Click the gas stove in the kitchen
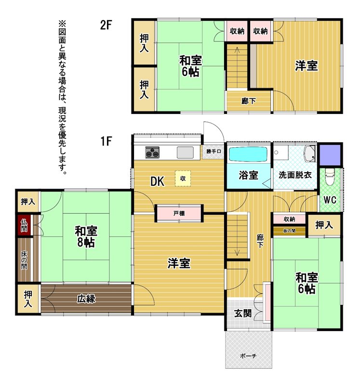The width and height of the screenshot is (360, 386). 152,152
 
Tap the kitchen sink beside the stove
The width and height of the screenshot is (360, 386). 185,152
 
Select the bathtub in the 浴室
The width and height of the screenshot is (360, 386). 248,154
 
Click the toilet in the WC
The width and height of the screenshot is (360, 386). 330,176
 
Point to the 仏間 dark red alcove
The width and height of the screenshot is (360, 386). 24,225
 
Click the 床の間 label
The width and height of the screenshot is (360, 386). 24,260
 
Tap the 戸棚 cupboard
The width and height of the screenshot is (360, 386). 179,213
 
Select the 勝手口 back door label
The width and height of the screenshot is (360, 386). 213,152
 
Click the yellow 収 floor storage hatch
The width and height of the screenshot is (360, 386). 183,179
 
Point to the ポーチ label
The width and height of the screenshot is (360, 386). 248,356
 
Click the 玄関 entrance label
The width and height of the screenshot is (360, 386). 243,313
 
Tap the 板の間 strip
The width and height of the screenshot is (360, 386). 289,231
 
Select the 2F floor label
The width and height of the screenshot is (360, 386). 106,25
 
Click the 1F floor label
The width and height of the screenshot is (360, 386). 106,141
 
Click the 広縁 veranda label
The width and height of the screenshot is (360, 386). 86,299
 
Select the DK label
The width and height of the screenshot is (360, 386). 158,181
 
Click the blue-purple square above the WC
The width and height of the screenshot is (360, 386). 330,155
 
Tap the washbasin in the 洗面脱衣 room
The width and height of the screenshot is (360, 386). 309,153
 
